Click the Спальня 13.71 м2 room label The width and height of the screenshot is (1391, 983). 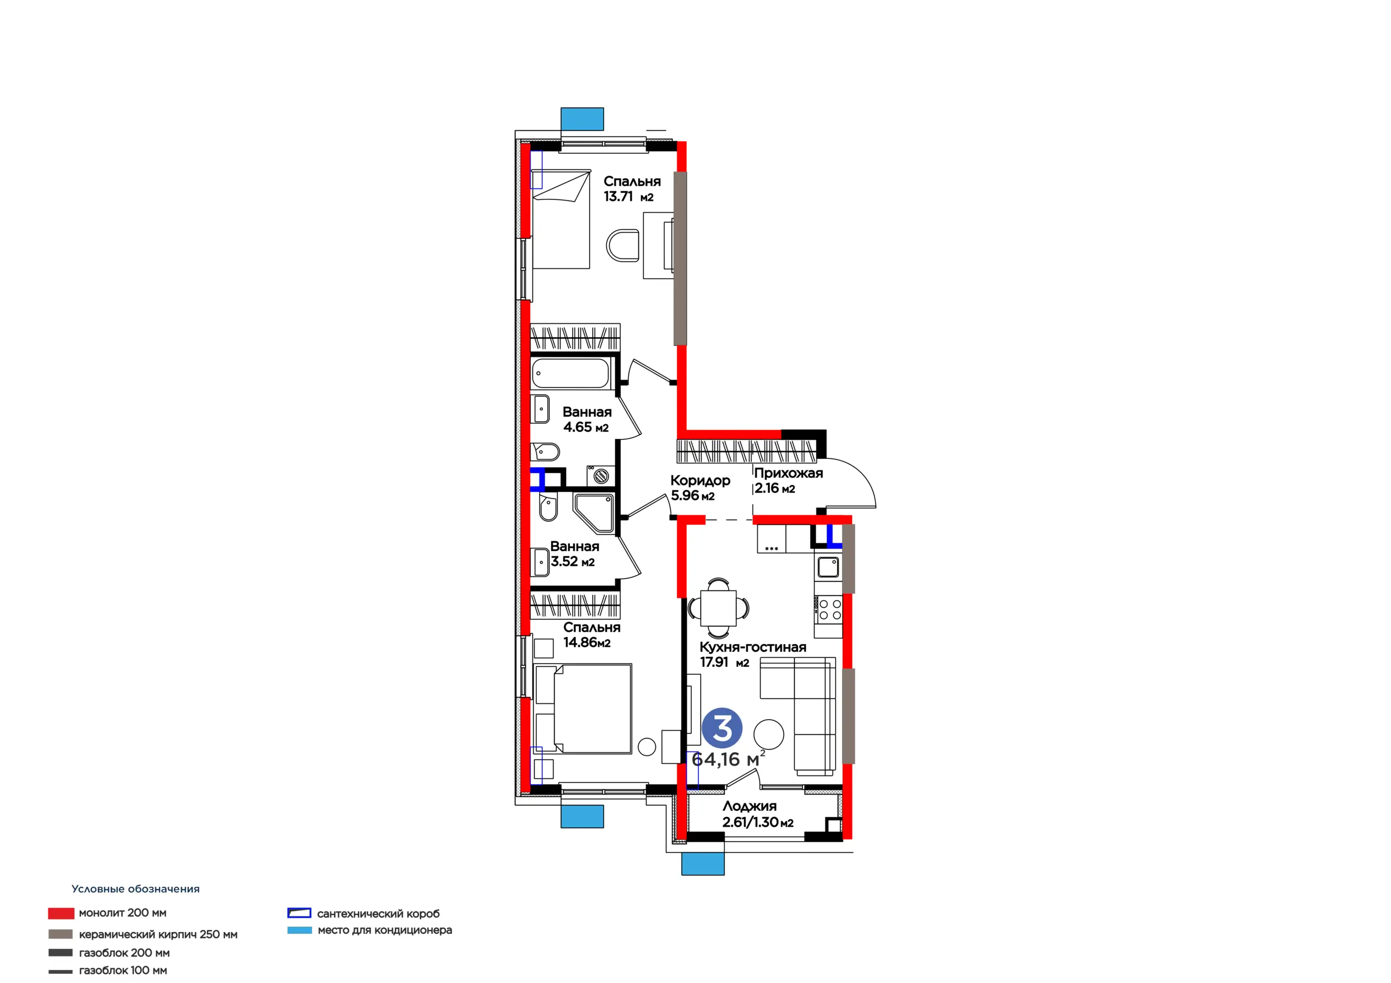pos(632,189)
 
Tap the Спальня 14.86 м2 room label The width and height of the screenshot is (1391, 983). pos(592,635)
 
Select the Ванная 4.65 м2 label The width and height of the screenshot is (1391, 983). pos(587,419)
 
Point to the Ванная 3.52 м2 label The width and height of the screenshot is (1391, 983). pos(574,553)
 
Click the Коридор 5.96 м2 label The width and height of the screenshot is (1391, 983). pos(700,488)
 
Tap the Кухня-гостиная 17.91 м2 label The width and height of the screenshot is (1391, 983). pos(753,654)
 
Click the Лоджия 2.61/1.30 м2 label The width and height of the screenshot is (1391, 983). pos(757,814)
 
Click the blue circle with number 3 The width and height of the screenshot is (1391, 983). pos(722,728)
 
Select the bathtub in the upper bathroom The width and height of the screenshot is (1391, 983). pos(571,373)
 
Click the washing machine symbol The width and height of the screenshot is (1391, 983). pos(600,475)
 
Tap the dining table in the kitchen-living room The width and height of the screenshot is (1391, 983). pos(718,608)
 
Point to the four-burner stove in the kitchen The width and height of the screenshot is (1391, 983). pos(828,609)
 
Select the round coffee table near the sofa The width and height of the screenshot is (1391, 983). pos(769,734)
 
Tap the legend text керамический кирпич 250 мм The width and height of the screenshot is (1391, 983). pos(158,935)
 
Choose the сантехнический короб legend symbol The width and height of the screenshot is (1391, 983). pos(299,913)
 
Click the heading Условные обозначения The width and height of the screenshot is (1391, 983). pos(136,889)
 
